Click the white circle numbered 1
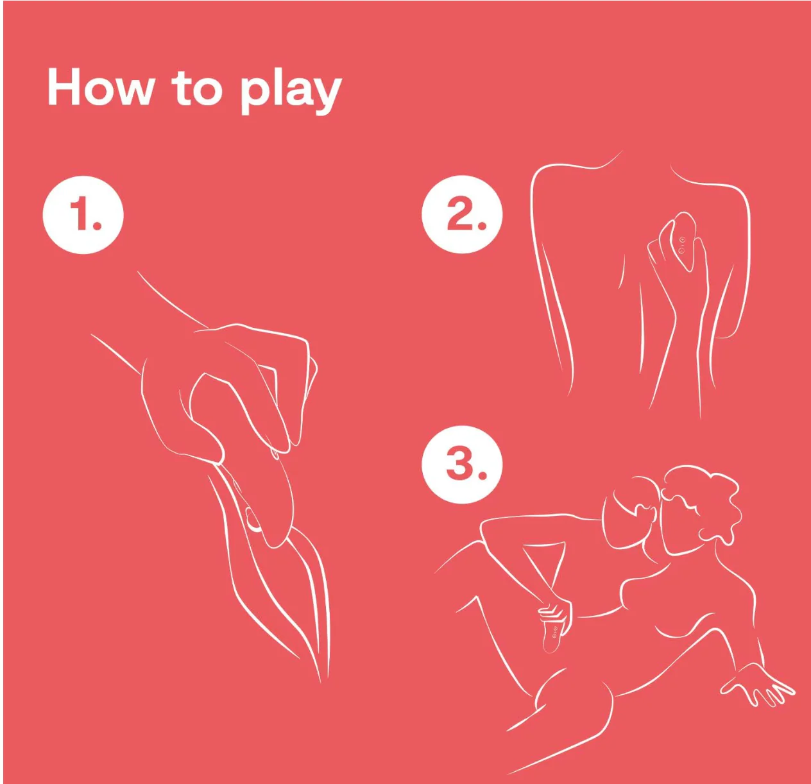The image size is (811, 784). (x=83, y=215)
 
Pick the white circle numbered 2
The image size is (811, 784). (x=462, y=214)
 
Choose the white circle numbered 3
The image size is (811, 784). (x=462, y=464)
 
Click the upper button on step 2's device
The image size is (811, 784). (x=683, y=240)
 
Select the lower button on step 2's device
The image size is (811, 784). (x=681, y=251)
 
